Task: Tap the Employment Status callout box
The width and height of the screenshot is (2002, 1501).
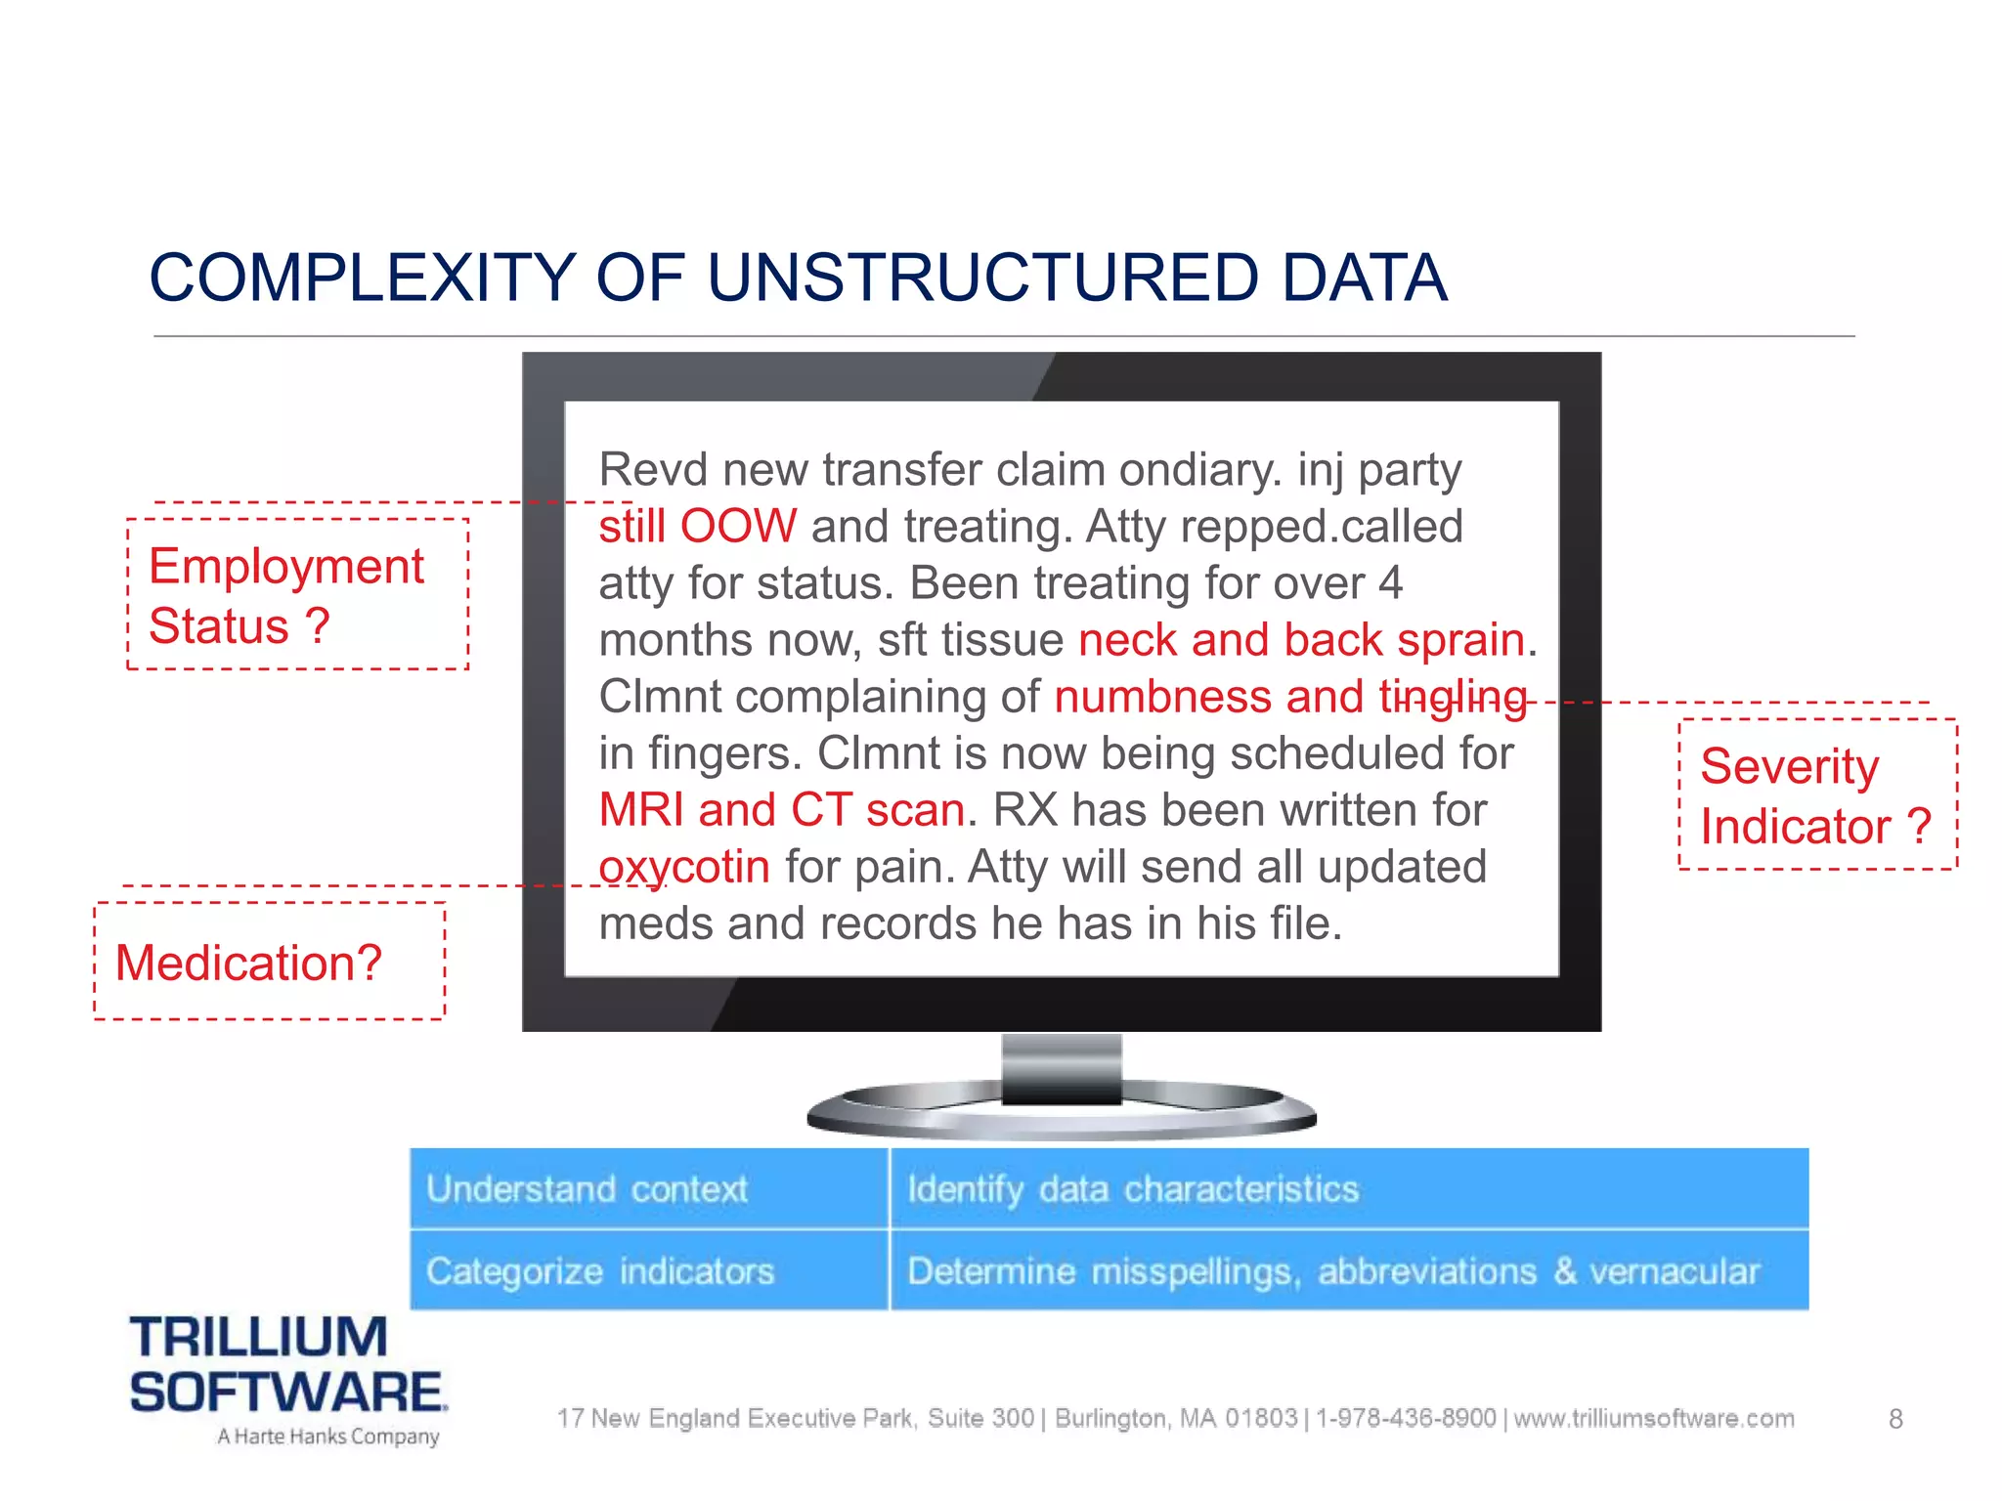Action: click(x=297, y=594)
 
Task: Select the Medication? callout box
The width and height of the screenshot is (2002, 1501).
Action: click(x=269, y=962)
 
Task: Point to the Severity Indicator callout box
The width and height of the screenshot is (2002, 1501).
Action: click(x=1816, y=794)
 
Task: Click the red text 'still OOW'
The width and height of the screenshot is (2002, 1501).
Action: click(x=697, y=527)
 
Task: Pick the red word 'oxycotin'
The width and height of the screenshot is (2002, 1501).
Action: click(x=683, y=867)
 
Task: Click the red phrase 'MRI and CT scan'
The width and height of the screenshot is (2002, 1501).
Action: click(x=782, y=810)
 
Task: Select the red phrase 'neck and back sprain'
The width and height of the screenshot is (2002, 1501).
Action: click(x=1301, y=640)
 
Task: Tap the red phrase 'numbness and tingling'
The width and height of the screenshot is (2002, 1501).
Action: click(x=1289, y=697)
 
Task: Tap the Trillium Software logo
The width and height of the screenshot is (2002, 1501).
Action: click(x=287, y=1364)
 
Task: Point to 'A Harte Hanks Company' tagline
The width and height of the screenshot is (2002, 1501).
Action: click(x=327, y=1437)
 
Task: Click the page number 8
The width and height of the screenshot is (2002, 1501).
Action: click(x=1895, y=1419)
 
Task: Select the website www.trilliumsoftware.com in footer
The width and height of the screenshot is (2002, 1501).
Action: click(x=1654, y=1418)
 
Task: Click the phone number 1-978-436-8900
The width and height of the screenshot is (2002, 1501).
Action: click(x=1405, y=1418)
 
